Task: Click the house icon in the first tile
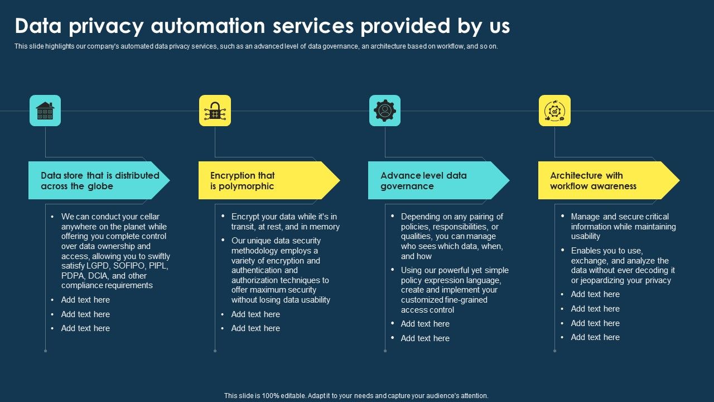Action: click(45, 111)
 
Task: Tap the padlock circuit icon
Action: click(215, 111)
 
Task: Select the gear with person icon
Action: click(385, 111)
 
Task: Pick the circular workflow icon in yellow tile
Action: click(554, 111)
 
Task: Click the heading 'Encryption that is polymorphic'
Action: click(243, 180)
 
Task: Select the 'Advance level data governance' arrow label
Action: click(423, 180)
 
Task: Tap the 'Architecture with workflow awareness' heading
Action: click(593, 180)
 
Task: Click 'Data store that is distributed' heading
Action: click(100, 175)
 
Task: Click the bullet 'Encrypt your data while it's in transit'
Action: click(285, 222)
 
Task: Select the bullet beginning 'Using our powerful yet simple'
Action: click(454, 290)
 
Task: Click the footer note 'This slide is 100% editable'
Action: click(356, 395)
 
